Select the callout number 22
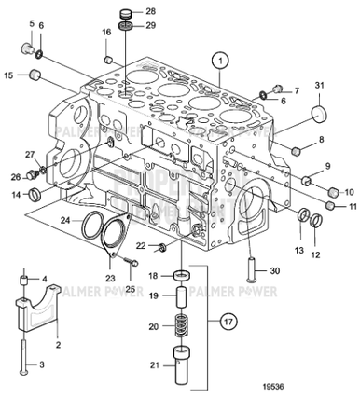tap(141, 245)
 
